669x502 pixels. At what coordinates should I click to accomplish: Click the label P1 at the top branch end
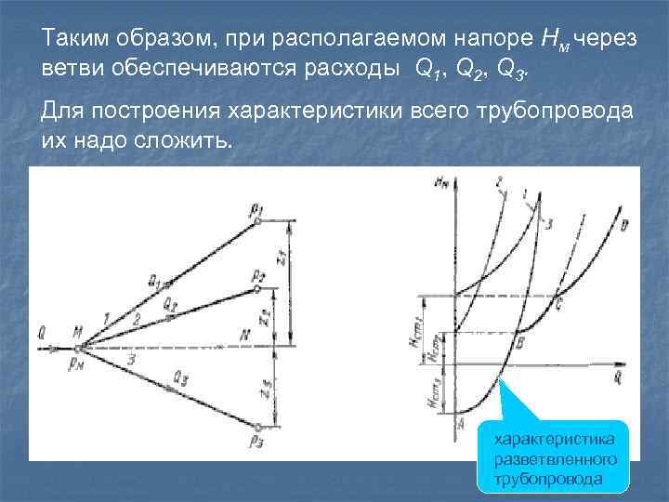coord(257,208)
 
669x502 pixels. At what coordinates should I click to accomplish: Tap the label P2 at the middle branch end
coord(258,275)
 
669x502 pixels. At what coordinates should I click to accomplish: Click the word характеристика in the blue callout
coord(553,439)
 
